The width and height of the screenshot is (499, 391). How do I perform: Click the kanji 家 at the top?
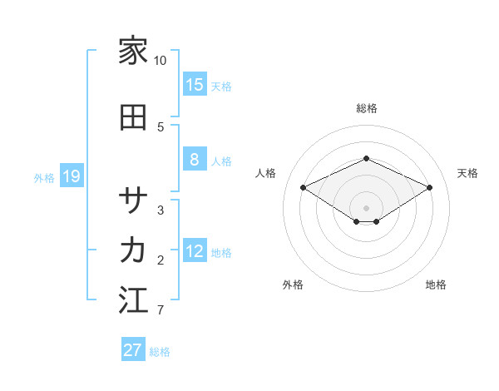[133, 52]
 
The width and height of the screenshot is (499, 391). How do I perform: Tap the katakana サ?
[133, 200]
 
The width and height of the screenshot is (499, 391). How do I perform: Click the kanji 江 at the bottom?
[133, 300]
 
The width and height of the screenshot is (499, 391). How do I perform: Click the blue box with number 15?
[195, 84]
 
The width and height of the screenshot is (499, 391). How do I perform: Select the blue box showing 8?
[195, 160]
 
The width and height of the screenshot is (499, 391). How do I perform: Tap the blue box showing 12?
[195, 251]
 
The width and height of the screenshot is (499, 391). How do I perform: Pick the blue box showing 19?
[71, 176]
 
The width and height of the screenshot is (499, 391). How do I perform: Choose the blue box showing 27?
[133, 350]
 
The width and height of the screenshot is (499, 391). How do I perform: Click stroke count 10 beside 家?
[161, 61]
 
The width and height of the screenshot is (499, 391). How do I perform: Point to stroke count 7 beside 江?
[161, 310]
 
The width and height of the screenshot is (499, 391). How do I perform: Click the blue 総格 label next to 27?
[160, 352]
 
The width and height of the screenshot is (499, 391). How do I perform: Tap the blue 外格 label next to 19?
[44, 177]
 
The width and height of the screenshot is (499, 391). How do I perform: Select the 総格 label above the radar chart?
[367, 108]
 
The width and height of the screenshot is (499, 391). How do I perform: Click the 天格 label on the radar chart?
[467, 173]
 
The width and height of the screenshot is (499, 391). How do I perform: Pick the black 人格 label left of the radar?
[266, 173]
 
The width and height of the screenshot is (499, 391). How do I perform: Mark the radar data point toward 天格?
[429, 187]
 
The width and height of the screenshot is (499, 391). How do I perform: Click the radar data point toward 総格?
[367, 158]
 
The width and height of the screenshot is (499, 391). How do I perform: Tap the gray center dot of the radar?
[367, 207]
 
